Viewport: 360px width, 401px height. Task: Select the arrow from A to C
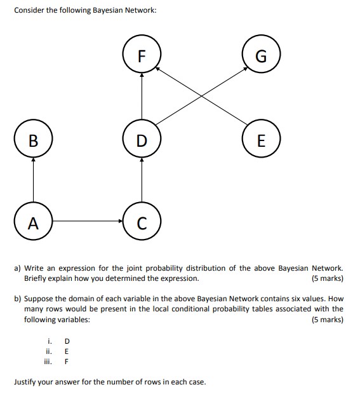click(87, 221)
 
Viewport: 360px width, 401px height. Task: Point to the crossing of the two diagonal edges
click(201, 95)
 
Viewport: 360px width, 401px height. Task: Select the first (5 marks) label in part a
click(328, 278)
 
